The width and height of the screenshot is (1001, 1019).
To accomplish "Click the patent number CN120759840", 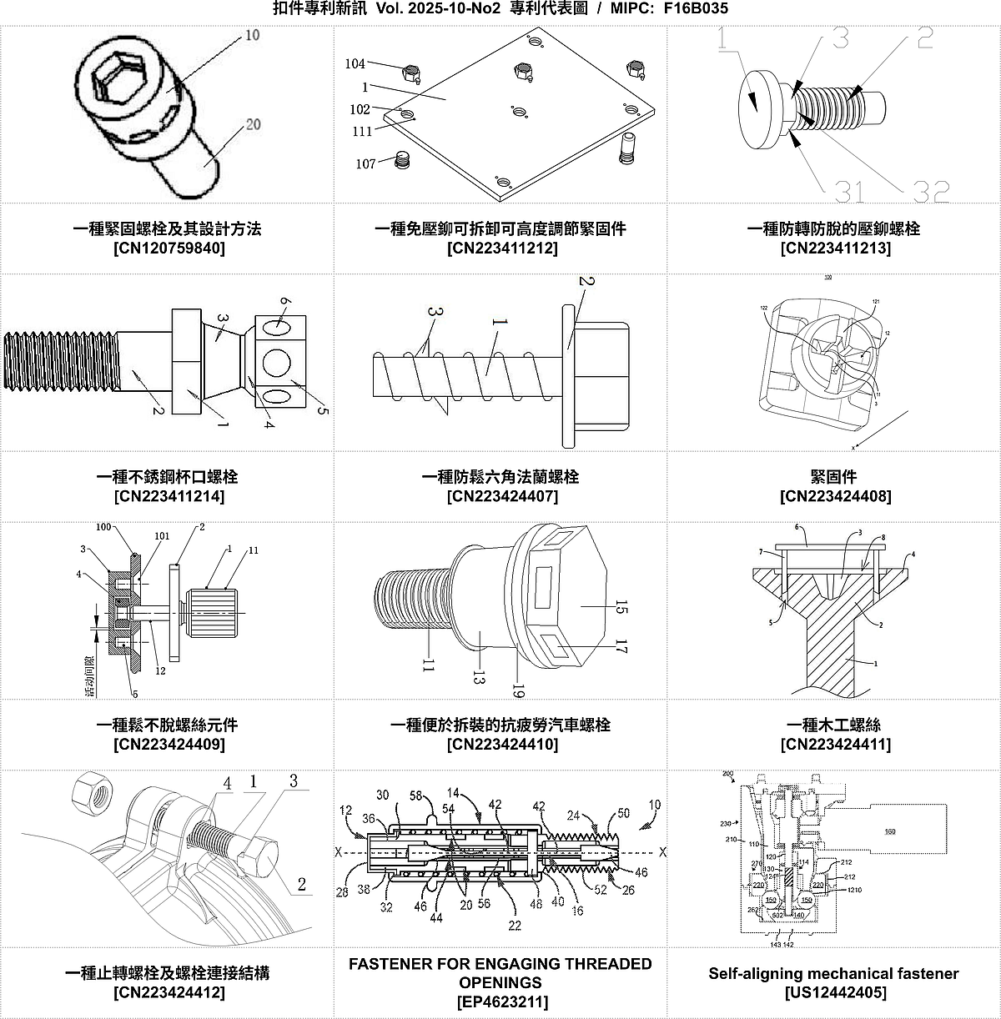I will click(169, 248).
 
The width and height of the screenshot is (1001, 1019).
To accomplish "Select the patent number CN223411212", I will click(502, 248).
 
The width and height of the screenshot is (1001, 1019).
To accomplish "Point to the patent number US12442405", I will click(835, 992).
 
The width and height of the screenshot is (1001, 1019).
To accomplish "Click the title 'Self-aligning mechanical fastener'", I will click(833, 973).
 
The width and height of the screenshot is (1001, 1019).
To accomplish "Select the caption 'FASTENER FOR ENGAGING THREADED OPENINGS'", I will click(500, 973).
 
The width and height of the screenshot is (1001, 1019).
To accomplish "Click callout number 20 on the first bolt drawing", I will click(252, 124).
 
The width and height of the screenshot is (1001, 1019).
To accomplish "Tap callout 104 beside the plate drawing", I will click(355, 63).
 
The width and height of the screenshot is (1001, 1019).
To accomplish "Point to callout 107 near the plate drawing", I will click(365, 163).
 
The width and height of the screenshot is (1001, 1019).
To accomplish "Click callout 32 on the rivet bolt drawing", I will click(930, 191).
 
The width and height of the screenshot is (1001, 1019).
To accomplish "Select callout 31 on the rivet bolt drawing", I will click(849, 191).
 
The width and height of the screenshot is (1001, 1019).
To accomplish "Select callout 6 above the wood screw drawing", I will click(797, 527).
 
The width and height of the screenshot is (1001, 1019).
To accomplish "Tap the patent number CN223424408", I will click(835, 496).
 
